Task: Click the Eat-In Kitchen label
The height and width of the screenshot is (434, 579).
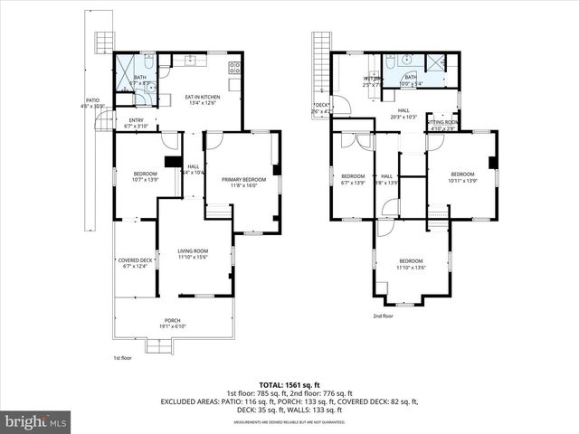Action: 203,99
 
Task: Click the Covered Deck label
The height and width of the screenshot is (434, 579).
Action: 138,262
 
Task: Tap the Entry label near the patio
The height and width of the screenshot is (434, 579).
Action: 136,122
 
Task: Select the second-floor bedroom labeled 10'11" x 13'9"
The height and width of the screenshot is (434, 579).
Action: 462,176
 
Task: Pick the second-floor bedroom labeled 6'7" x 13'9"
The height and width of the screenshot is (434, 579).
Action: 353,178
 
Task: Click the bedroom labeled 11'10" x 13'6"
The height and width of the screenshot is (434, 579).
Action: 411,264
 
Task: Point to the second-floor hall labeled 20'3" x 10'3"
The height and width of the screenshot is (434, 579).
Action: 403,113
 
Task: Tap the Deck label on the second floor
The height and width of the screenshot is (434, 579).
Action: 321,108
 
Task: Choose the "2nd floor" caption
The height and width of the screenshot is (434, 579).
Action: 383,316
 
